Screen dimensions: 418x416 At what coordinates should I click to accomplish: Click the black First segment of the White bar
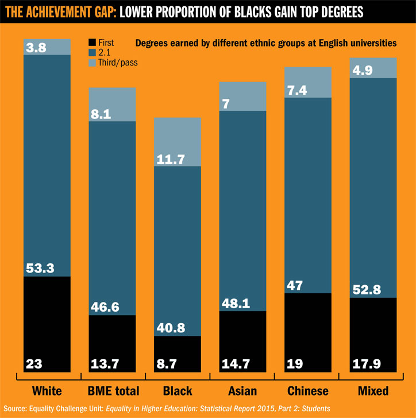tap(47, 322)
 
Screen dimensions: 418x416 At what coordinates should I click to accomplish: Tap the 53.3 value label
tap(40, 267)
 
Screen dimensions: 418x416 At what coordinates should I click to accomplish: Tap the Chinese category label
tap(307, 392)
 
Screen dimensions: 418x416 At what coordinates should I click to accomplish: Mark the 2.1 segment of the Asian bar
tap(242, 207)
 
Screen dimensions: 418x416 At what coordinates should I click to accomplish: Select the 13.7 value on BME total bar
tap(104, 363)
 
